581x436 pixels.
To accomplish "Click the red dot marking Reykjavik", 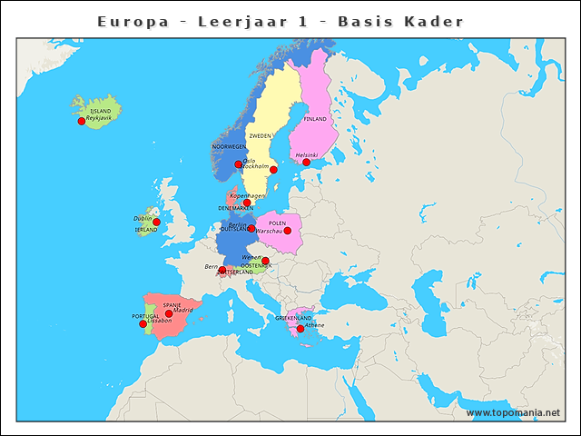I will [x=82, y=121].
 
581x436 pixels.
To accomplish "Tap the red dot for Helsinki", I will [x=306, y=163].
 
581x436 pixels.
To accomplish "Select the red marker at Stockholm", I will [x=273, y=170].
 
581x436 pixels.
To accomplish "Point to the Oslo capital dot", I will [x=239, y=164].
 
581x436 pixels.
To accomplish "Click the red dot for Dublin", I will [x=156, y=222].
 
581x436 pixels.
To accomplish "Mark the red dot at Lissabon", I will [x=143, y=324].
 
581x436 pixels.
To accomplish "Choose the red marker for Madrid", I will [x=169, y=313].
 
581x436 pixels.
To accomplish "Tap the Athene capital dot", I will [x=300, y=329].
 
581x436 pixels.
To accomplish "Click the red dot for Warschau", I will [x=288, y=231].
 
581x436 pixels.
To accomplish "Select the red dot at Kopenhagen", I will [x=247, y=203].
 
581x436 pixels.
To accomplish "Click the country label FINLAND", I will [x=315, y=119].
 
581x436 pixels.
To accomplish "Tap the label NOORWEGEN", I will [x=229, y=146].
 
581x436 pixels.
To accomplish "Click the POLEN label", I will [x=278, y=223].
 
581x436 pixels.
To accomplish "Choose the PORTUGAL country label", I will [x=145, y=316].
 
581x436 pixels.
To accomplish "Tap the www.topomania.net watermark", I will [x=513, y=413].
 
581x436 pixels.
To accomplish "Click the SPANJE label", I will [x=172, y=305].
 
